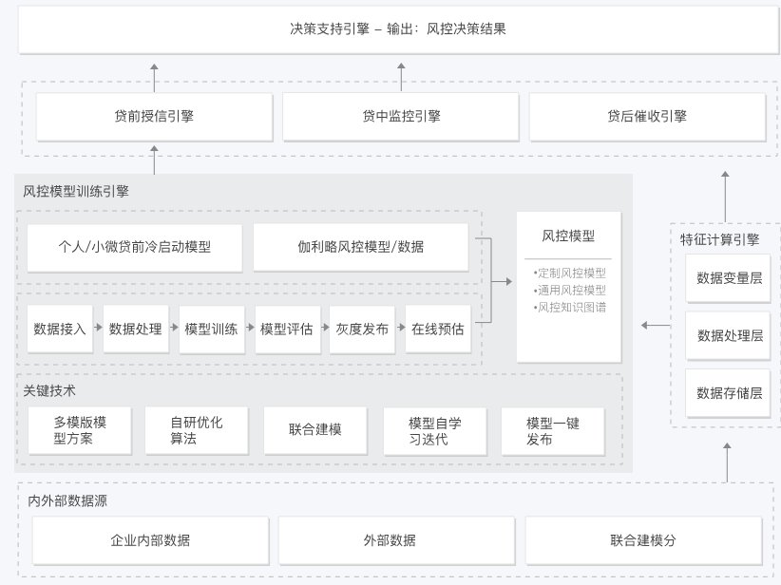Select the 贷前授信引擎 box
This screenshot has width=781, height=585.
pyautogui.click(x=154, y=116)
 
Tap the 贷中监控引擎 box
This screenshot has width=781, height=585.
pyautogui.click(x=400, y=116)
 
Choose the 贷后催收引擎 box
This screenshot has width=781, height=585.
pyautogui.click(x=647, y=116)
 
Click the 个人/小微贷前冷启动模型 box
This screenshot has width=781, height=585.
pyautogui.click(x=134, y=247)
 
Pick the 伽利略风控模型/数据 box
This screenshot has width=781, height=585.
pyautogui.click(x=360, y=247)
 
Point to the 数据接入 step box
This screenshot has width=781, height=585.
pyautogui.click(x=60, y=329)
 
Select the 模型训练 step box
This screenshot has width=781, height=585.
pyautogui.click(x=211, y=329)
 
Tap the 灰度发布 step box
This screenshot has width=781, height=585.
pyautogui.click(x=362, y=329)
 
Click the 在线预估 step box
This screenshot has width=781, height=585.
pyautogui.click(x=437, y=329)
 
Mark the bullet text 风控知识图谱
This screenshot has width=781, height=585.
pyautogui.click(x=570, y=308)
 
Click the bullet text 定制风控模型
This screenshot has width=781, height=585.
pyautogui.click(x=570, y=273)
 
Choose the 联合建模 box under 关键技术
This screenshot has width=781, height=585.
pyautogui.click(x=315, y=430)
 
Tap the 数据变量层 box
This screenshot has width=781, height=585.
pyautogui.click(x=729, y=278)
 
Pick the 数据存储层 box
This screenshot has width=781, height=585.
pyautogui.click(x=729, y=393)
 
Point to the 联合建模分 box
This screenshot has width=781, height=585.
pyautogui.click(x=643, y=540)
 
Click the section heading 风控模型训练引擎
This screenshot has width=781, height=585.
pyautogui.click(x=76, y=191)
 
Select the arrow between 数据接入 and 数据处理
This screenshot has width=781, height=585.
pyautogui.click(x=98, y=329)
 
